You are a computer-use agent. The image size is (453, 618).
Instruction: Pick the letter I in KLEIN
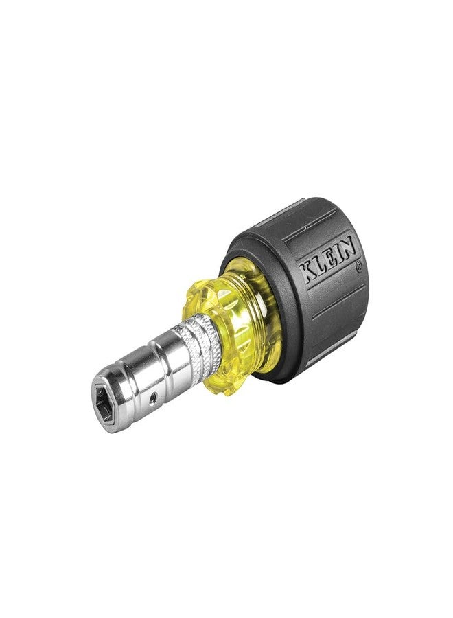[x=337, y=252]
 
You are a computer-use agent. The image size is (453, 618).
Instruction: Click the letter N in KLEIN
[x=348, y=245]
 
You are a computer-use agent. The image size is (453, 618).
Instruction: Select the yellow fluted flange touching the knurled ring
[x=209, y=323]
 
